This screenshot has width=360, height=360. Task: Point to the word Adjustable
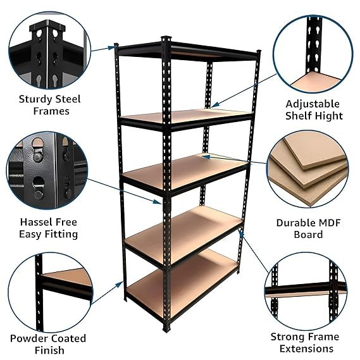[x=313, y=104]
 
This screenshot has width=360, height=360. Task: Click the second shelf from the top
[x=187, y=116]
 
